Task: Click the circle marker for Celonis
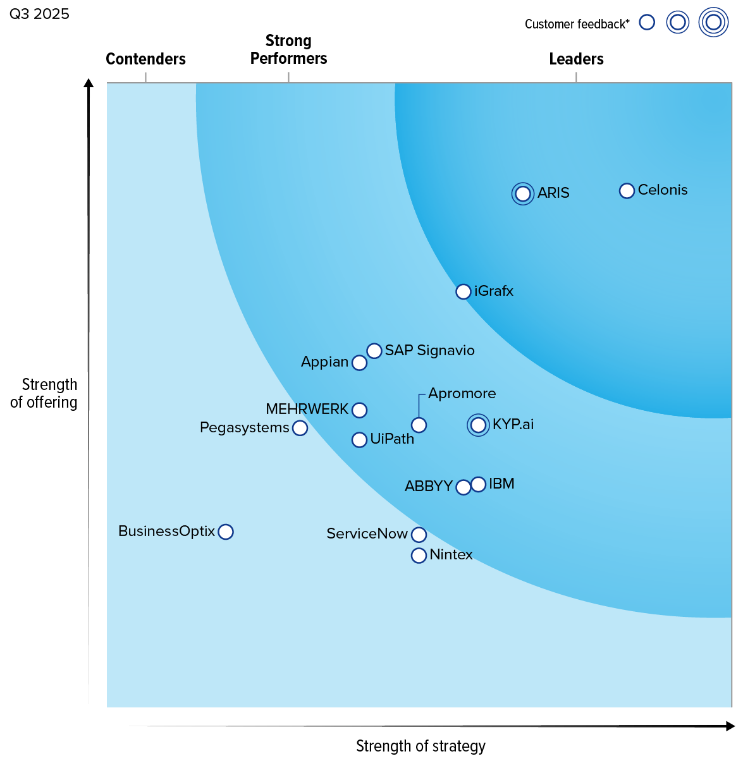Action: [627, 191]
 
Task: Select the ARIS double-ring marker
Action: [523, 193]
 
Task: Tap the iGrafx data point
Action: [464, 291]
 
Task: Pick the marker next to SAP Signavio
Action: [374, 351]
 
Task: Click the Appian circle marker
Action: [359, 363]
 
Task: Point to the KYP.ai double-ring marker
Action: [479, 425]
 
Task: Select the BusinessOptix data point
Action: [226, 532]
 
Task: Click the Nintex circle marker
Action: [419, 556]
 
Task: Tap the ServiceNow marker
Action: [419, 535]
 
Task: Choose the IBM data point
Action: [479, 484]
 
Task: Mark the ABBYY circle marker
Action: [464, 487]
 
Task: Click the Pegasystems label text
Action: [244, 428]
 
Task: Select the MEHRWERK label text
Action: [307, 410]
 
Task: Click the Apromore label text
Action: [462, 393]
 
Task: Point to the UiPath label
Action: [392, 439]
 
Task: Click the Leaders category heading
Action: [576, 59]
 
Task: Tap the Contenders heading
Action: [145, 59]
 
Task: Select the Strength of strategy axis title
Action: [421, 746]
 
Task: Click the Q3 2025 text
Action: [39, 14]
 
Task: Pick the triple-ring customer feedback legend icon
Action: [713, 23]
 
